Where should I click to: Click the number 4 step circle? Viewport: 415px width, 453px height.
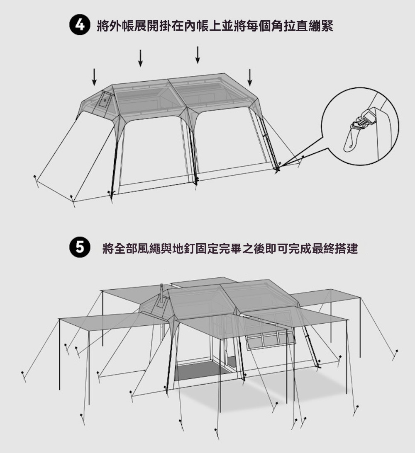point(80,25)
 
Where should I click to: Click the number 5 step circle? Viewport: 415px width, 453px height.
point(80,247)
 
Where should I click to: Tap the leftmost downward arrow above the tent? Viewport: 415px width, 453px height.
point(94,77)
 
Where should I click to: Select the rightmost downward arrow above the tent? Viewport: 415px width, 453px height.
point(250,77)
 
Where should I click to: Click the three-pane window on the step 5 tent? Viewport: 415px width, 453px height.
point(271,339)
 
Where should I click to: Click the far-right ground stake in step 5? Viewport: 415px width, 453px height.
point(395,355)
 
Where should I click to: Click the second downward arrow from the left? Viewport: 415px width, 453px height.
point(141,58)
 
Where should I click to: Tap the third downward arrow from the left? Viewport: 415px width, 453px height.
point(198,55)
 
